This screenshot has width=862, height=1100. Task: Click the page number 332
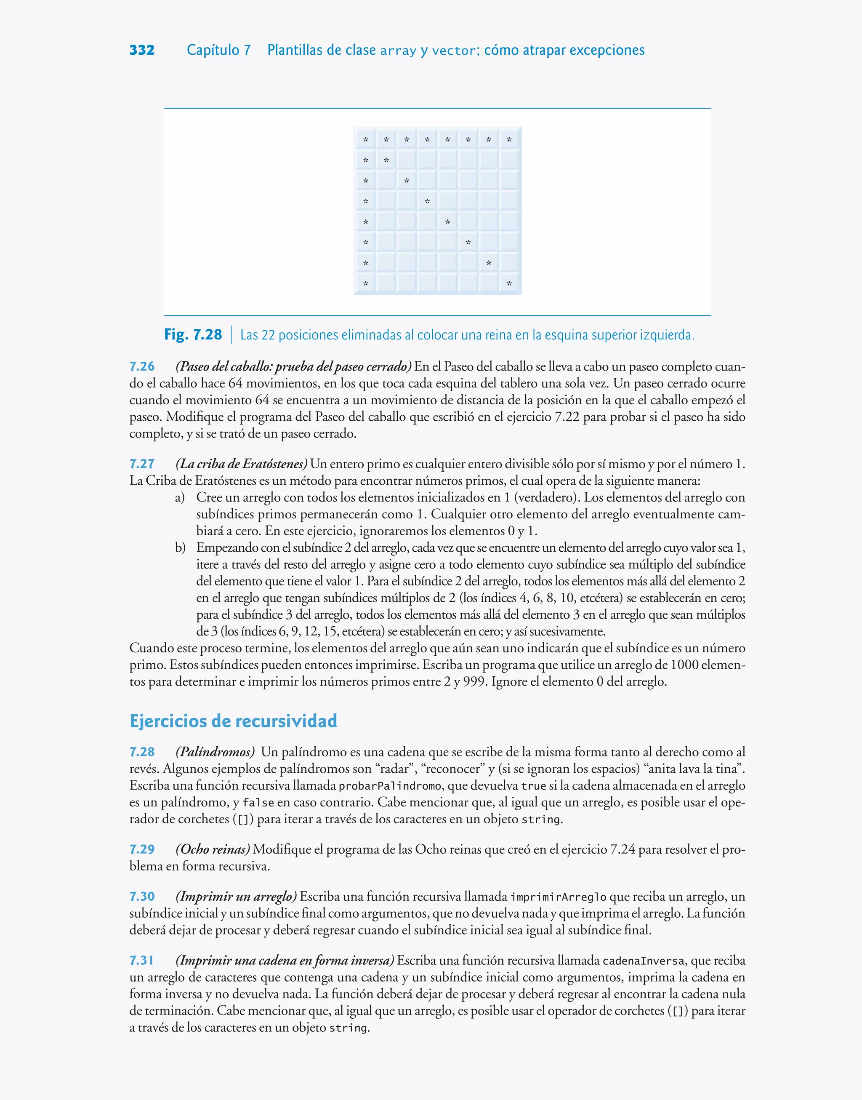point(142,50)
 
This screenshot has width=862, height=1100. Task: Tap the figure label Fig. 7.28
point(193,335)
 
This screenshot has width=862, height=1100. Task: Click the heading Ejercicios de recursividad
point(233,721)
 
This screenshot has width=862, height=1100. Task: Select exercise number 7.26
point(142,366)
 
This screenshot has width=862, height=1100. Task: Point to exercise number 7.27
point(142,464)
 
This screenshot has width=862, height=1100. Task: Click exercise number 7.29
point(142,849)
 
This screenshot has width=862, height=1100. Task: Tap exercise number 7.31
point(142,960)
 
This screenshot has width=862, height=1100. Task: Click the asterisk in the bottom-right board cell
point(509,284)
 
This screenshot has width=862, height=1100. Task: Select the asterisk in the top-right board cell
point(509,140)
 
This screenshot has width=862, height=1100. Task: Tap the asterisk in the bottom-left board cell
point(366,284)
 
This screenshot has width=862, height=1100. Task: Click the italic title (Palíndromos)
point(215,752)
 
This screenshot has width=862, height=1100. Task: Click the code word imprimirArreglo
point(558,897)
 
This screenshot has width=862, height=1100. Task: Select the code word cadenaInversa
point(644,961)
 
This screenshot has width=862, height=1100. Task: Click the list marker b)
point(180,548)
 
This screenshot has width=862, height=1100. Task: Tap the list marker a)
point(180,498)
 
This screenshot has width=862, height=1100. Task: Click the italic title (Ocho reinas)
point(213,849)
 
